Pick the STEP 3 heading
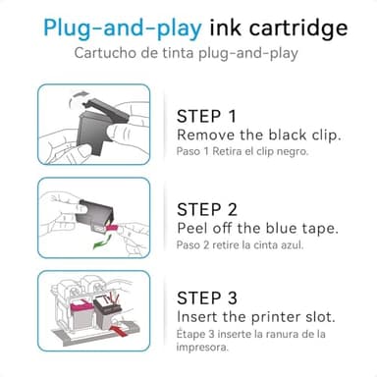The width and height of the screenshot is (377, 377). click(x=209, y=299)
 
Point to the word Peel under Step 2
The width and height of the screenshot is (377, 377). click(x=193, y=228)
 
